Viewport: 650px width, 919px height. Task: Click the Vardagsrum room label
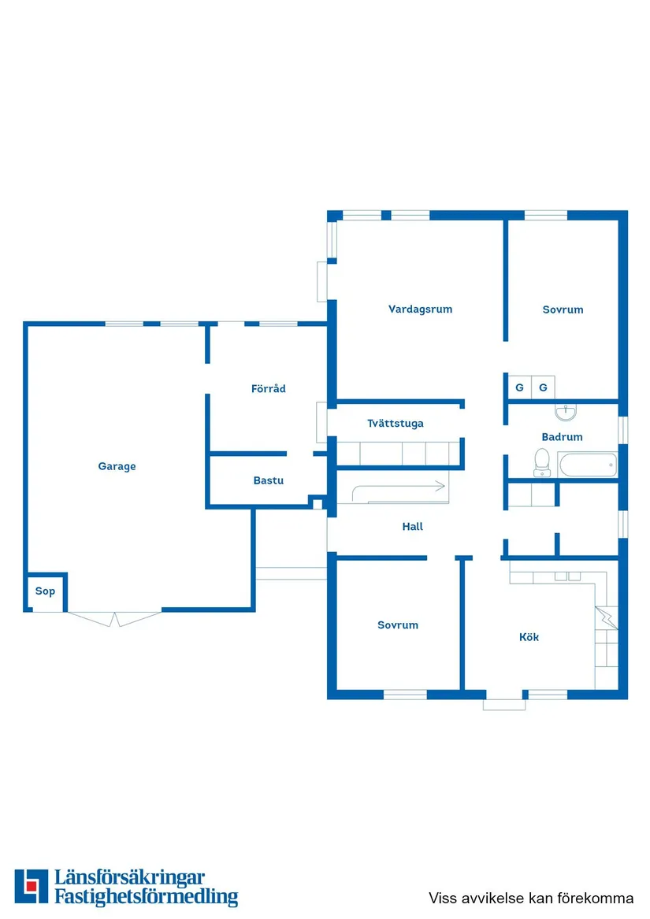coord(420,309)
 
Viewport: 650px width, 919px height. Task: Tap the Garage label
coord(117,466)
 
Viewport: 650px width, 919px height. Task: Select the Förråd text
coord(268,388)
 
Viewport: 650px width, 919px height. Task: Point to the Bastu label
coord(268,480)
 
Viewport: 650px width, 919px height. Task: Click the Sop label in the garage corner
coord(45,591)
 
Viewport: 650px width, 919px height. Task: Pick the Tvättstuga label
coord(396,423)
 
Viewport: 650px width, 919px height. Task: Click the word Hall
coord(412,526)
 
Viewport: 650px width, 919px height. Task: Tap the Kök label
coord(529,637)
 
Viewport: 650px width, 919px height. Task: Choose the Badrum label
coord(562,437)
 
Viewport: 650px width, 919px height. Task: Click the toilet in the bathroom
coord(542,462)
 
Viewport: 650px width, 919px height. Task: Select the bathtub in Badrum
coord(588,465)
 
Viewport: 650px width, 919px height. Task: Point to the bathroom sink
coord(566,412)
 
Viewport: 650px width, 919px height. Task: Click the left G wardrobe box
coord(519,387)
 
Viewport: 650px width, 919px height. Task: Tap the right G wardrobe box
coord(543,387)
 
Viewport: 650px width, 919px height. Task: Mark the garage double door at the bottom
coord(114,619)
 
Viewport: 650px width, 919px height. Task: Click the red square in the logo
coord(32,885)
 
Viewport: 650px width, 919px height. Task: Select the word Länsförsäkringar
coord(130,877)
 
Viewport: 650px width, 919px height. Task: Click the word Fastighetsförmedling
coord(147,897)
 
